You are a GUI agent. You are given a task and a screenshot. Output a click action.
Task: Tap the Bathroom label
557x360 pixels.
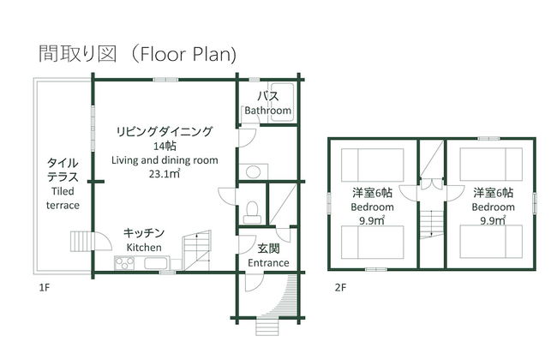(x=267, y=111)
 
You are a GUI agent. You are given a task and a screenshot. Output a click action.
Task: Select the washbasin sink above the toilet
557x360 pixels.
(x=252, y=171)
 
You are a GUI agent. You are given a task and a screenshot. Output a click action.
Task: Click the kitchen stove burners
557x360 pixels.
(x=127, y=262)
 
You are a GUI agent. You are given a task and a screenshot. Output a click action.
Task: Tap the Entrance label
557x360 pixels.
(x=267, y=262)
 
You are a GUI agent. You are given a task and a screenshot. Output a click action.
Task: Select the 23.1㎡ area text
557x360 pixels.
(x=164, y=174)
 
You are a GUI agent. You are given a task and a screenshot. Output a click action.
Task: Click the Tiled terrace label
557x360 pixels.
(x=63, y=198)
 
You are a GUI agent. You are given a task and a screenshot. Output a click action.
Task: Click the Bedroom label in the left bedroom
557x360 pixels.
(x=372, y=207)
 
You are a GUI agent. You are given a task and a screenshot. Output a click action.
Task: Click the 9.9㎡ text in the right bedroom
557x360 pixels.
(x=492, y=221)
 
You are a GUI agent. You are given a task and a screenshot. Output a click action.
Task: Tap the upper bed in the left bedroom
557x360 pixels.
(x=372, y=162)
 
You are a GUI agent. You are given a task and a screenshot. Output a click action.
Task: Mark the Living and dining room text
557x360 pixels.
(x=165, y=160)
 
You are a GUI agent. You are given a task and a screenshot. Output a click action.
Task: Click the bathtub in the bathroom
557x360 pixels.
(x=282, y=95)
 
